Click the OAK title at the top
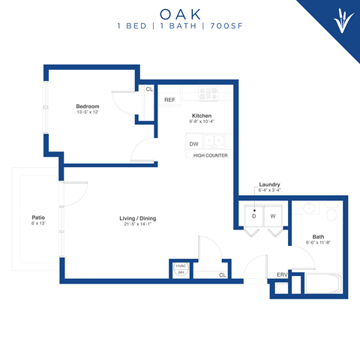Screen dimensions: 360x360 tap(180, 13)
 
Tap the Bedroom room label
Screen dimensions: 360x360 tap(88, 106)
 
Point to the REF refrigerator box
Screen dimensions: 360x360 tap(169, 100)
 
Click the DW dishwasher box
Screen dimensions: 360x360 tap(193, 142)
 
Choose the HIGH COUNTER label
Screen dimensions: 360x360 tap(210, 155)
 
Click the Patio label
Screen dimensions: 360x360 tap(38, 218)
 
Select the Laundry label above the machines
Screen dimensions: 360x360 tap(269, 184)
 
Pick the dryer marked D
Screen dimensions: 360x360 tap(254, 216)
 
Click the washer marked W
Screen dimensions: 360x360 tap(273, 216)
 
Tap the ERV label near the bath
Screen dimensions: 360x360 tap(281, 274)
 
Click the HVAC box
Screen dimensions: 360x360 tap(181, 265)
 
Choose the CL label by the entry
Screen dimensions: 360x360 tap(223, 275)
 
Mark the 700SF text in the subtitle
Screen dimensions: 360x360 tap(225, 27)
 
